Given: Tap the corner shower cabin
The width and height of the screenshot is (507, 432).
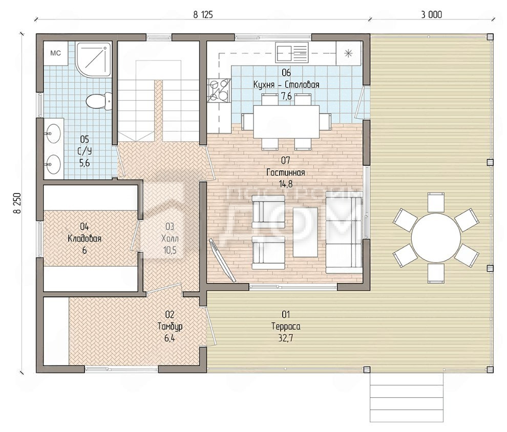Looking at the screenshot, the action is [x=93, y=59].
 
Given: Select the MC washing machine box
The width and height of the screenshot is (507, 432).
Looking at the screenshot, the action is [x=56, y=53].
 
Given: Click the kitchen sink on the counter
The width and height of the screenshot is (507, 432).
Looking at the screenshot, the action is [x=292, y=53].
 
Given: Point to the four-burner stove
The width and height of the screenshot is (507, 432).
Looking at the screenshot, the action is [x=219, y=91].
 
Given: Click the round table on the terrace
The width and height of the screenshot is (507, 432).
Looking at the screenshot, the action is [x=435, y=237].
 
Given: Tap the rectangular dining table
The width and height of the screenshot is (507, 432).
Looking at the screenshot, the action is [x=286, y=121].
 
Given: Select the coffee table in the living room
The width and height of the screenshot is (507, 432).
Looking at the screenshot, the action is [x=305, y=232].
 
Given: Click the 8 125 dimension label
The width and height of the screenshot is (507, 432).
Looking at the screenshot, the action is [x=203, y=14].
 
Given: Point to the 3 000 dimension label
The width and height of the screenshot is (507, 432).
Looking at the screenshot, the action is [x=431, y=14].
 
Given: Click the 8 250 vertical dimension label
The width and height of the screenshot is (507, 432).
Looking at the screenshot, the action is [x=17, y=203].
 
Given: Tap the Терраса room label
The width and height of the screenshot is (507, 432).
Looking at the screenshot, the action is [x=286, y=327].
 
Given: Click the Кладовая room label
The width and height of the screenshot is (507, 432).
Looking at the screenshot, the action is [x=84, y=239].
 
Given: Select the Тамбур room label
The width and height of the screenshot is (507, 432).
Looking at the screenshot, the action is [x=170, y=326].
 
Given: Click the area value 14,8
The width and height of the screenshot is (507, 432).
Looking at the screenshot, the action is [x=286, y=184].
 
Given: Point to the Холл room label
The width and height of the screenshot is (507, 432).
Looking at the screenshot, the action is [x=170, y=239].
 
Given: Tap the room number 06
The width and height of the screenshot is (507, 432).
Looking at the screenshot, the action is [x=286, y=72].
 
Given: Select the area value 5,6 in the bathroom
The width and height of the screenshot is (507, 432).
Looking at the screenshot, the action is [x=84, y=163].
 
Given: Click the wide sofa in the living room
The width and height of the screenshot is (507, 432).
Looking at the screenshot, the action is [x=344, y=232].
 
